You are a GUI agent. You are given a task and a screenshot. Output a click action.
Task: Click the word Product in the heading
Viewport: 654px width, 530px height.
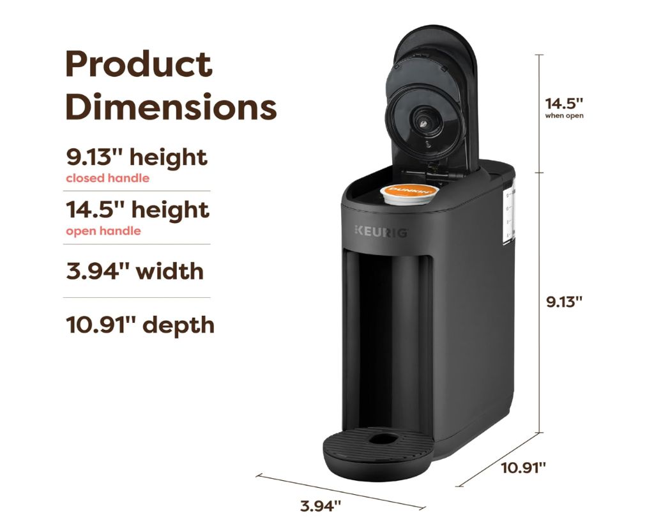click(139, 65)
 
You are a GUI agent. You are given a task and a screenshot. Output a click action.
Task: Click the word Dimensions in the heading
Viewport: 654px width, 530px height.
click(171, 107)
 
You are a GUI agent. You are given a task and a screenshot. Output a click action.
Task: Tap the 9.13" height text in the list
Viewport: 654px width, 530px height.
click(137, 157)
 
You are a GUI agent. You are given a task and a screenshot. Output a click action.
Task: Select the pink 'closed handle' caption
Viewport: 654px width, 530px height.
click(107, 178)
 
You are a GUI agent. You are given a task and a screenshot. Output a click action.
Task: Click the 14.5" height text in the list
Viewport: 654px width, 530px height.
click(138, 210)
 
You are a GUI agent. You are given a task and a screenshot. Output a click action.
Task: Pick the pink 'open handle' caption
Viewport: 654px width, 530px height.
click(103, 231)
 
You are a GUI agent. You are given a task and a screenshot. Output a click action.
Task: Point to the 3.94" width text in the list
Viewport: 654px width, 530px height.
click(135, 272)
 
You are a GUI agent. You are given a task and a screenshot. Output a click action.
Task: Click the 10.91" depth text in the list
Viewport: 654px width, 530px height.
click(140, 325)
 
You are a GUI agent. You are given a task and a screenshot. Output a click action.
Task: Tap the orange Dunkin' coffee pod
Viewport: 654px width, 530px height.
click(409, 194)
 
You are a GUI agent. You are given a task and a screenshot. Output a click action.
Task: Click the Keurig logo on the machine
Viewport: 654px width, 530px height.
click(381, 232)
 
